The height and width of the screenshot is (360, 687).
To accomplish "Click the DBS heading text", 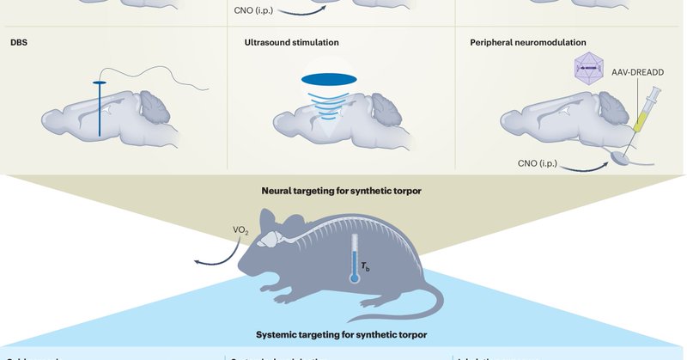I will point(19,41).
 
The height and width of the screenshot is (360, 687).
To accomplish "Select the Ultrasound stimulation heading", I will point(290,41).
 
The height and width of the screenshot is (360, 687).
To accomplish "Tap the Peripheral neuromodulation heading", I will point(528,41).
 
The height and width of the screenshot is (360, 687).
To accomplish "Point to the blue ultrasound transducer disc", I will point(329,79).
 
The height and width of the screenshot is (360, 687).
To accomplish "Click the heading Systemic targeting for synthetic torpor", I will point(342,333).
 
